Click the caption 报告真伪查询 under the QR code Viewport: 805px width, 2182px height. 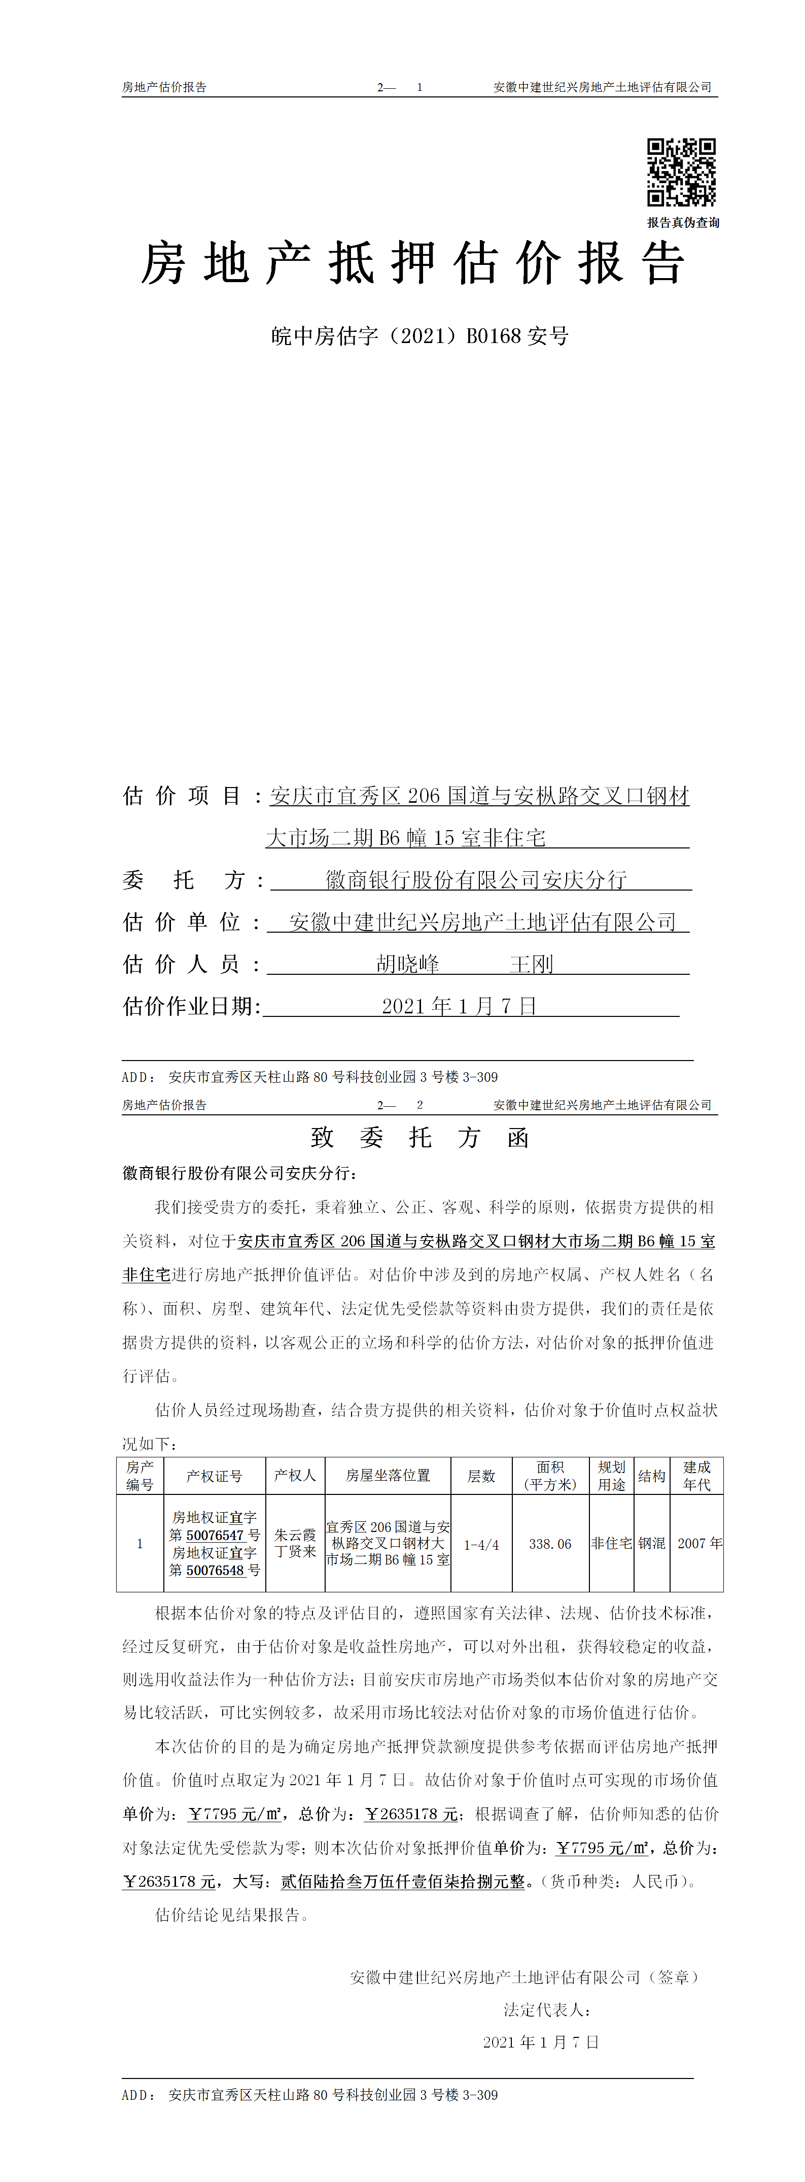click(x=683, y=223)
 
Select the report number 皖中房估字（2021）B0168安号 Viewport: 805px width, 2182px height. click(x=420, y=336)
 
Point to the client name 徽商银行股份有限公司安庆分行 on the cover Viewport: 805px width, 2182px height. click(x=476, y=880)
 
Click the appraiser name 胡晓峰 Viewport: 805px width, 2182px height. click(x=407, y=964)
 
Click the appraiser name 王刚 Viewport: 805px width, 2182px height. click(x=532, y=964)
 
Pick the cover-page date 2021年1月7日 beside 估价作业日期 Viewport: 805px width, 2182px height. click(x=459, y=1006)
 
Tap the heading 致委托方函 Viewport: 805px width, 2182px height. click(x=420, y=1138)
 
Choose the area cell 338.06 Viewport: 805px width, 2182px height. click(x=550, y=1544)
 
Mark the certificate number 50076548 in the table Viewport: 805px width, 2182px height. click(x=215, y=1571)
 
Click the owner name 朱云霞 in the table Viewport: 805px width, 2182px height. click(x=295, y=1535)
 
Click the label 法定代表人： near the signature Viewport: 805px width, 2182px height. click(x=547, y=2010)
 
